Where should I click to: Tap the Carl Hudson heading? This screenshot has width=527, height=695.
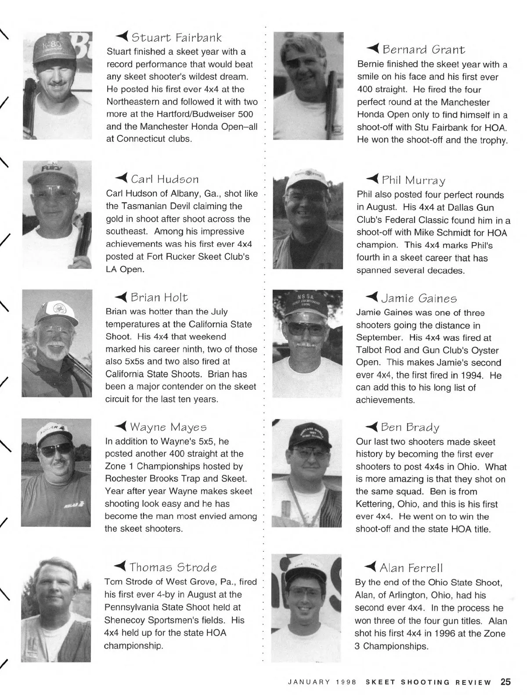(x=165, y=179)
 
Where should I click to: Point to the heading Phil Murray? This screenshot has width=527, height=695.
(x=413, y=180)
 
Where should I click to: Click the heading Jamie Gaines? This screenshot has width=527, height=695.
(x=419, y=299)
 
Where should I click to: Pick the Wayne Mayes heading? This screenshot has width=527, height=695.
(x=168, y=427)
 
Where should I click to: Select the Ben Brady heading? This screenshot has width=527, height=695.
(x=410, y=427)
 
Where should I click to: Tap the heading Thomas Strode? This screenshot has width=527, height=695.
(x=173, y=567)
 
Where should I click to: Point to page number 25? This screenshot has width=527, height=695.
(x=505, y=682)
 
